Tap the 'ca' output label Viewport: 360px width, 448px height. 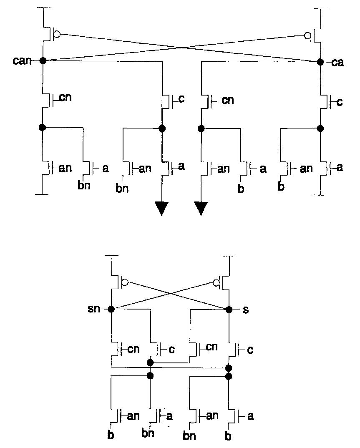pos(337,63)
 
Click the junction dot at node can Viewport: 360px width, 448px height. pos(42,61)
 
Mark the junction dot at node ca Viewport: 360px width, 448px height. pos(320,62)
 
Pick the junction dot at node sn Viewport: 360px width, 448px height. pos(111,309)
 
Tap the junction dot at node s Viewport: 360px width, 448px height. pos(229,310)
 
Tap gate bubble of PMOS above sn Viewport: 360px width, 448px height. pos(125,283)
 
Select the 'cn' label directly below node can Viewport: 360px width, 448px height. pos(65,98)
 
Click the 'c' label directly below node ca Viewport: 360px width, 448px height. pos(340,101)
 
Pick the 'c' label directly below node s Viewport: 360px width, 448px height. pos(250,350)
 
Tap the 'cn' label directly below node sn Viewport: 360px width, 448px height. pos(133,349)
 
